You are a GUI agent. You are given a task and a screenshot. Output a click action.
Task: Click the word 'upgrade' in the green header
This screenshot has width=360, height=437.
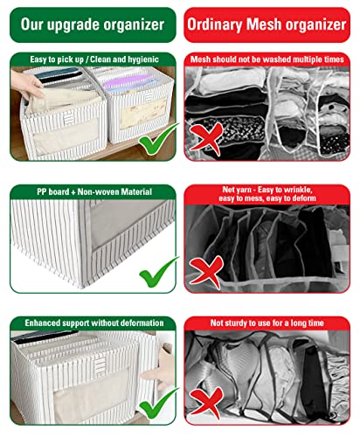pyautogui.click(x=73, y=25)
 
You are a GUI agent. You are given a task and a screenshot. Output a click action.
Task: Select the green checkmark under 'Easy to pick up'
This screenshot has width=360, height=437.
pyautogui.click(x=157, y=138)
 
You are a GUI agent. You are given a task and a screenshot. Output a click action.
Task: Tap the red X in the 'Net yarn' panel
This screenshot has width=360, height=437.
pyautogui.click(x=206, y=272)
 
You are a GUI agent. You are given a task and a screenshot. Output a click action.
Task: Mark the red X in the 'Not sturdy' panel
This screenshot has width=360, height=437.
pyautogui.click(x=206, y=403)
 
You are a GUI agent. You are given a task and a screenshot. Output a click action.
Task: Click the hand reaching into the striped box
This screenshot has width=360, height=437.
pyautogui.click(x=26, y=85)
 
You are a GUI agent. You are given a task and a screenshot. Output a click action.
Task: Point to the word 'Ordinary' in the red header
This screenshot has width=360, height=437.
pyautogui.click(x=214, y=24)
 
